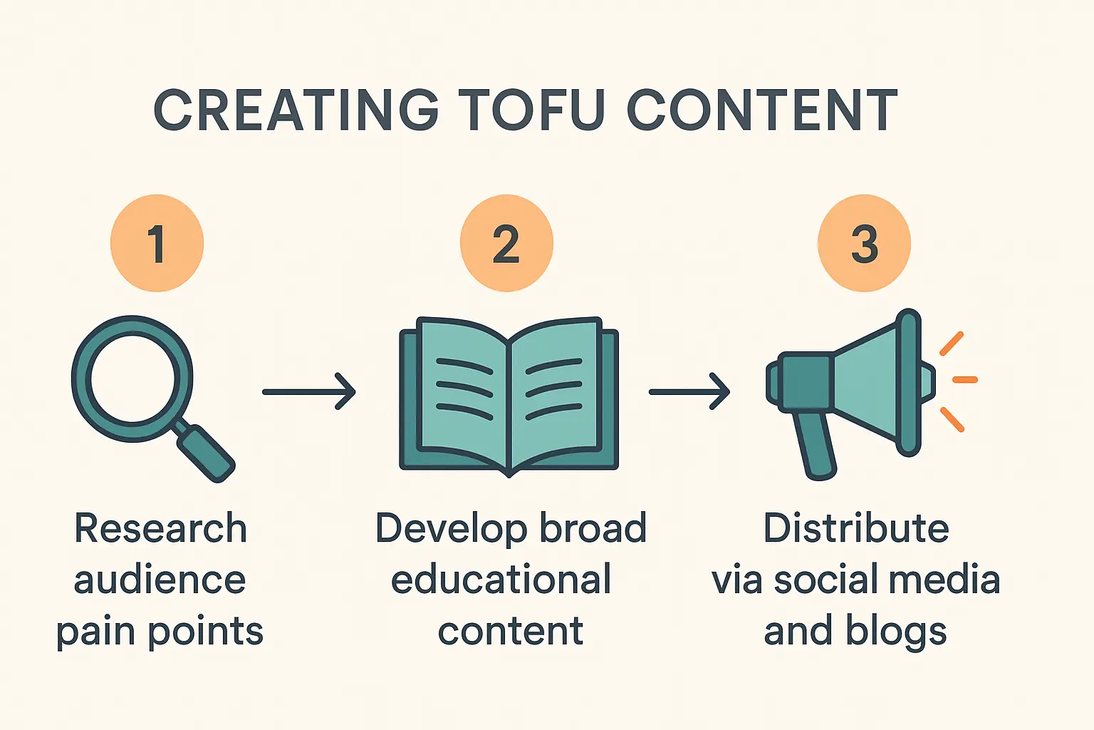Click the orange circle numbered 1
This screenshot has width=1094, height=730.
[x=157, y=243]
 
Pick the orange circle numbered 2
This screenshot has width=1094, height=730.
[x=506, y=243]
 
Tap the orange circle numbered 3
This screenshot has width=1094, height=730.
[x=864, y=243]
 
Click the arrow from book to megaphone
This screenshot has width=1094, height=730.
[x=689, y=391]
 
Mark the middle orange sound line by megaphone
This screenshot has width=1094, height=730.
[x=964, y=379]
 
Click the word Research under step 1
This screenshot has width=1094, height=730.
[x=160, y=529]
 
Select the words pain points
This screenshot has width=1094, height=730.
[x=160, y=632]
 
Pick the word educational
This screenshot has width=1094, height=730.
[x=501, y=580]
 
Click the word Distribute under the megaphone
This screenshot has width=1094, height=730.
[x=856, y=529]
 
